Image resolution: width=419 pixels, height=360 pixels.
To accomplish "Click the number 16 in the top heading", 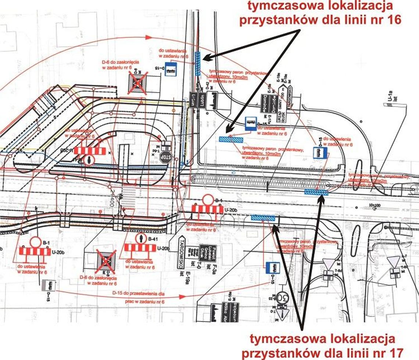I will (x=392, y=19).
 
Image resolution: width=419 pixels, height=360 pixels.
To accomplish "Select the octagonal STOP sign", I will (x=165, y=157).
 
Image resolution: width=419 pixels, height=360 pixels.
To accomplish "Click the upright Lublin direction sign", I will (x=202, y=99).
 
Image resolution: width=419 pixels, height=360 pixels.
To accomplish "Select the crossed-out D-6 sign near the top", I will (x=137, y=82).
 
